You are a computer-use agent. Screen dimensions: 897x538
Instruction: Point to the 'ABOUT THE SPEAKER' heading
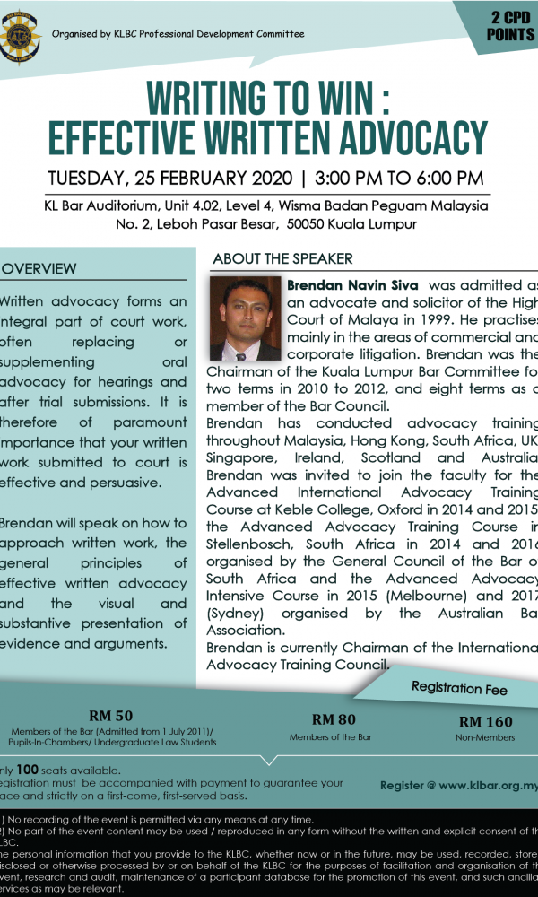click(282, 258)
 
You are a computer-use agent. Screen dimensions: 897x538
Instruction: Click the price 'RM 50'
click(111, 716)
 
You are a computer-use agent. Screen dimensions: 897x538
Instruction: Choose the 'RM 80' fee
click(334, 718)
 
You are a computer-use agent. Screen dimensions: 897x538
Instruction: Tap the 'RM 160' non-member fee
click(486, 721)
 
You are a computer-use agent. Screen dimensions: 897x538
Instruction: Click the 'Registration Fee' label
click(459, 689)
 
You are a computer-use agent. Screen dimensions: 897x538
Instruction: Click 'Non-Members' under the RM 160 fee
click(486, 737)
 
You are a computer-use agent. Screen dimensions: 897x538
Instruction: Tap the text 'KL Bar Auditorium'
click(102, 205)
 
